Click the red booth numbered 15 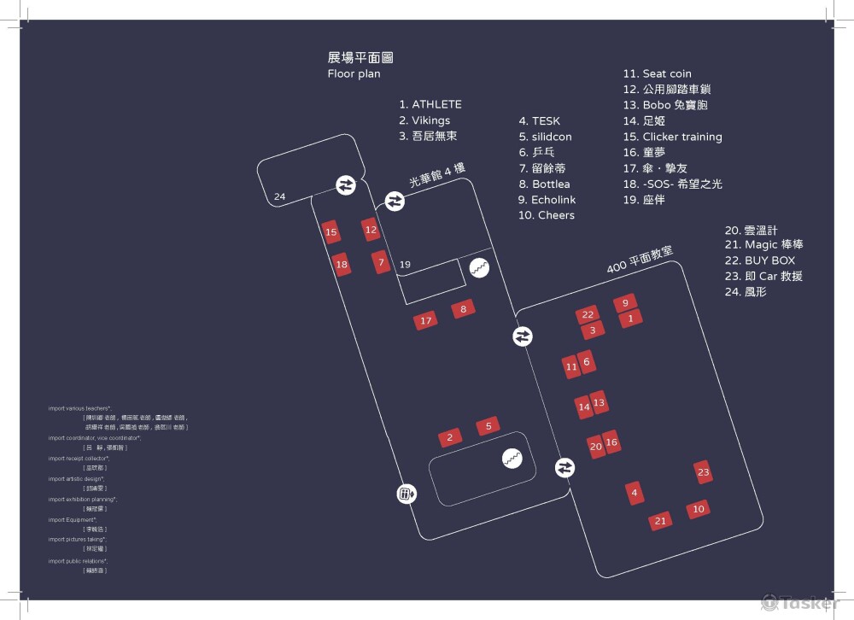[331, 232]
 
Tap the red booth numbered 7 [381, 263]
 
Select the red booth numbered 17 [425, 321]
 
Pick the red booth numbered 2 [450, 438]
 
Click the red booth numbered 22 [588, 315]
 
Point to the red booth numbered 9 [625, 302]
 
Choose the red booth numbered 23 [703, 472]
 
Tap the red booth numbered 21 [660, 521]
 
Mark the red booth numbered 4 [634, 493]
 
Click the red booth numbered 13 [599, 402]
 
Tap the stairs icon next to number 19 [479, 268]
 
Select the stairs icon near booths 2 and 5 [512, 459]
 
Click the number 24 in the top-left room [280, 197]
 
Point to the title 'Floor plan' [354, 74]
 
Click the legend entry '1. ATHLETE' [430, 105]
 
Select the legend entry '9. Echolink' [547, 200]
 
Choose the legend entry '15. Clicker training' [672, 137]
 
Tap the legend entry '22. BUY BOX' [759, 260]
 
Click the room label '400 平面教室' [640, 260]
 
